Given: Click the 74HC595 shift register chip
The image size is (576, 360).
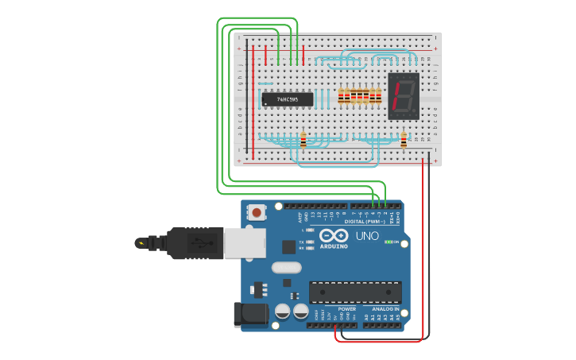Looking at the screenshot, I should pos(287,99).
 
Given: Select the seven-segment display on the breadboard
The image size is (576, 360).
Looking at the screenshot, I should pos(403,96).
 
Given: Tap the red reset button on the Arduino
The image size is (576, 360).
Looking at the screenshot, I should pos(257,212).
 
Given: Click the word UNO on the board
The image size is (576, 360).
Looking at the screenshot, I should pos(366,236).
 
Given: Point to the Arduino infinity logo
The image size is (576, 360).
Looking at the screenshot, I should pos(334,235).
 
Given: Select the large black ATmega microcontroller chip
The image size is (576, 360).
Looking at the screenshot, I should pos(354,292).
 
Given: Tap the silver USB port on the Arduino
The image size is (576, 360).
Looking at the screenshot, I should pos(244,243).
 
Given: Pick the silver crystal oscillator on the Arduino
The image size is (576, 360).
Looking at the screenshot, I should pos(286,268).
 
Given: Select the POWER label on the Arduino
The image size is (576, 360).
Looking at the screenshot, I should pos(346,308).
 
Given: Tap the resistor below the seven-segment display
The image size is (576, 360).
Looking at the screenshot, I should pos(404,141).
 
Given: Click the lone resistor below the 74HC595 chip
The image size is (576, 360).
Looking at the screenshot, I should pos(303,141).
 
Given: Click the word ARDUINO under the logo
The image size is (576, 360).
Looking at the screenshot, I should pos(334,246).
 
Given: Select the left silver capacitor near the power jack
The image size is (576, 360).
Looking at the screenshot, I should pos(282,311).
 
